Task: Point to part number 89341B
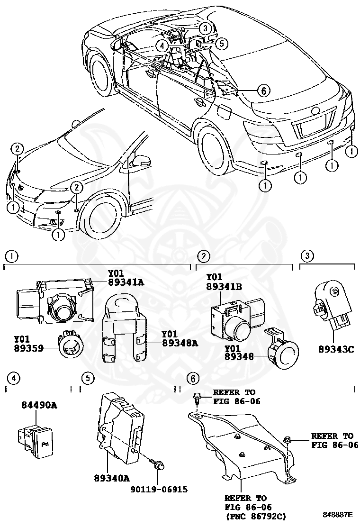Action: coord(224,286)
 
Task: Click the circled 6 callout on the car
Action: coord(264,90)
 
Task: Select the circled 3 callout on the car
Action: coord(204,28)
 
